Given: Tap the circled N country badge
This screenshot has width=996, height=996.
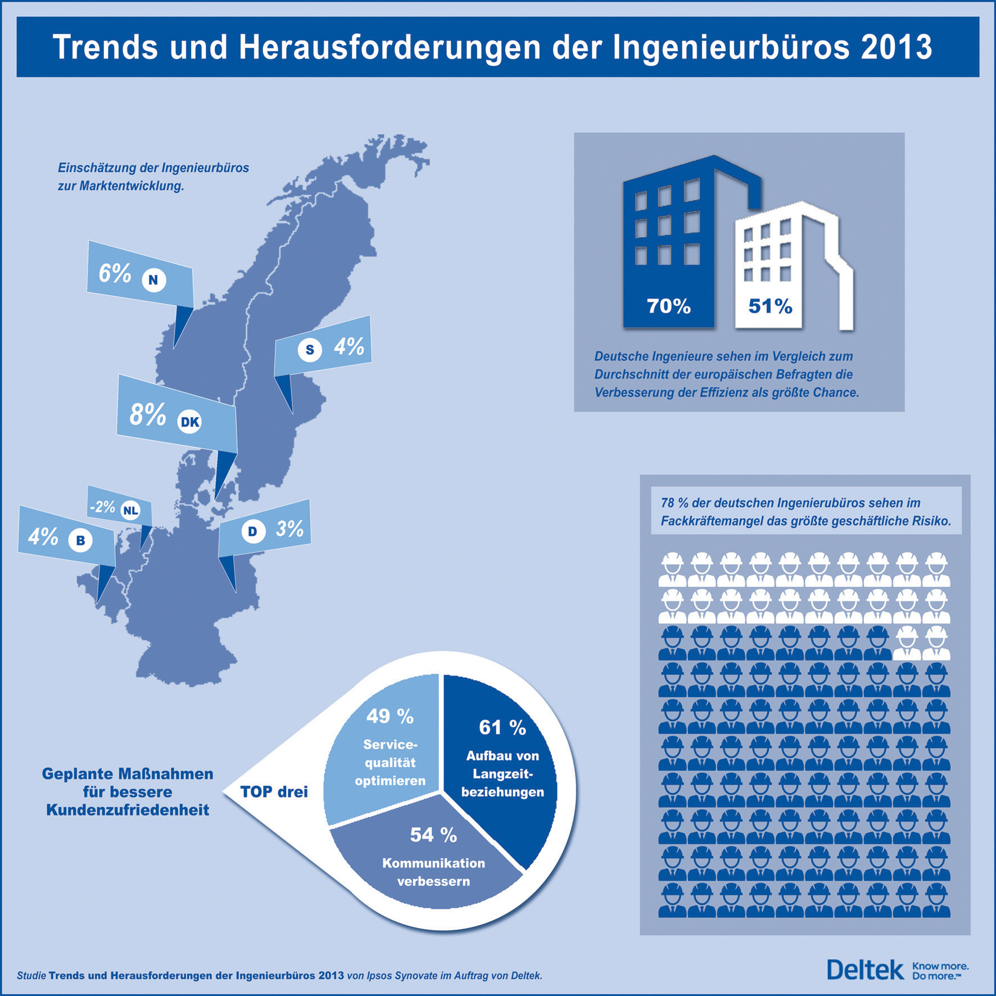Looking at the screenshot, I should pos(153,279).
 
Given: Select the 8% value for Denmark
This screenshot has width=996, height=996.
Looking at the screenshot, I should pos(147,415).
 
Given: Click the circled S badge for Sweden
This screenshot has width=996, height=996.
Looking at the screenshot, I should pos(309,350).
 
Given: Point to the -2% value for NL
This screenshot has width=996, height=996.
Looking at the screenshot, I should pos(103,507).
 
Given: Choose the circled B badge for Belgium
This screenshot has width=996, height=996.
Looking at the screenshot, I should pos(80,540).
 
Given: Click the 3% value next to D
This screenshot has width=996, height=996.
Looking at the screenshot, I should pos(289,529).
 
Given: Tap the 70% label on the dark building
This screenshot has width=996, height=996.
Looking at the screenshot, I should pos(668,306).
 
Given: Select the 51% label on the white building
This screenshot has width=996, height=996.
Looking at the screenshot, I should pos(770,306).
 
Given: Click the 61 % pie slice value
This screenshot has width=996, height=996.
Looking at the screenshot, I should pos(502,728).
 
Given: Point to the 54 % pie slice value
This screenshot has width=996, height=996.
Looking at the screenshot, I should pos(433,835).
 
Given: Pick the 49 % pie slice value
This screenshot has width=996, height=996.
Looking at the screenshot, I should pos(390,716).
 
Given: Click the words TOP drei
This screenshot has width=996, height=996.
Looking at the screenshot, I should pos(274,792).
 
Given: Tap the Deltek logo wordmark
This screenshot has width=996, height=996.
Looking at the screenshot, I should pos(865,970).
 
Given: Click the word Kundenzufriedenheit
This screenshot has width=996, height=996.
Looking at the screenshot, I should pos(128,810).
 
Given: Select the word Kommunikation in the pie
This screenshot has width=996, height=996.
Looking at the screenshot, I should pos(433,863).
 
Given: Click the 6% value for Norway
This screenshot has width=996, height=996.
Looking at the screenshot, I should pos(115,273).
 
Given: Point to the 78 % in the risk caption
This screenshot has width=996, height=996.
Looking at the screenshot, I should pos(674,503).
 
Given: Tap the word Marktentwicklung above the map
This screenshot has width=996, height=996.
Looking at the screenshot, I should pos(131,186).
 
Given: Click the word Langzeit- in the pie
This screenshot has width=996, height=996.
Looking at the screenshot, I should pos(502,774).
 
